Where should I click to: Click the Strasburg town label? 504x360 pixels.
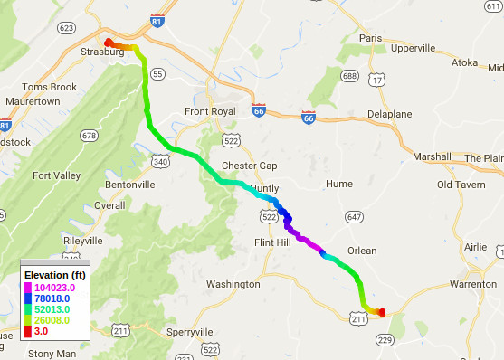click(x=101, y=52)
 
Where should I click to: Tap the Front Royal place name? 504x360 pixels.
click(x=210, y=111)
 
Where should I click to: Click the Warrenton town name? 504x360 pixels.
click(x=473, y=284)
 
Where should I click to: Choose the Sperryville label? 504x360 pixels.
click(x=195, y=332)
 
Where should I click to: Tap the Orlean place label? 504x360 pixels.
click(x=361, y=251)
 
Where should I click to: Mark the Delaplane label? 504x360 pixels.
click(x=390, y=114)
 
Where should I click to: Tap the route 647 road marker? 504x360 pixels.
click(x=354, y=217)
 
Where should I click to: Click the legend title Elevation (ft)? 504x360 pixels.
click(x=55, y=276)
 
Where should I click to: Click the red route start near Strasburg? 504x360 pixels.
click(x=108, y=42)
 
